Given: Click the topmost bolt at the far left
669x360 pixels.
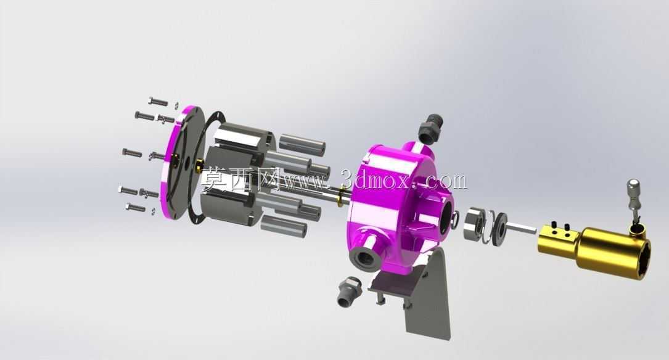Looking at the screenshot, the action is [x=157, y=101].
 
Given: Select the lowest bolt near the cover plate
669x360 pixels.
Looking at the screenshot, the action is [x=136, y=207].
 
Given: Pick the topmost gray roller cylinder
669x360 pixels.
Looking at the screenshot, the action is [x=302, y=144].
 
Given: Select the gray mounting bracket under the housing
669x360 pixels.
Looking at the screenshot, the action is [x=418, y=294].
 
